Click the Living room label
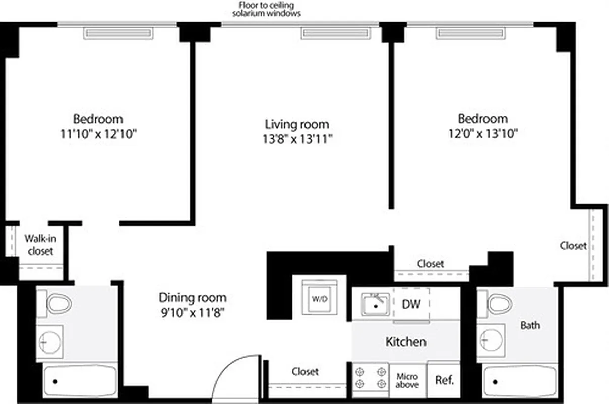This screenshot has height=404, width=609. coord(297,124)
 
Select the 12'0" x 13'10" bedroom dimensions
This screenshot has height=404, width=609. coord(482,134)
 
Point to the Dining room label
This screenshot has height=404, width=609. coord(193,297)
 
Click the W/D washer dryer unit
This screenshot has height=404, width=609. coord(320,299)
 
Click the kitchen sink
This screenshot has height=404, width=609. coord(375,305)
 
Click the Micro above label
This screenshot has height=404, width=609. coord(407,380)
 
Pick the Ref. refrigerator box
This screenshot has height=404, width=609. coord(444,380)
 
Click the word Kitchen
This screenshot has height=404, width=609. coord(405,342)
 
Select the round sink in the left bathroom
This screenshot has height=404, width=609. coord(49,342)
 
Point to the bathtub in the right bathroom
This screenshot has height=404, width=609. coord(520,381)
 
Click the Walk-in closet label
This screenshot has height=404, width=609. coord(40,244)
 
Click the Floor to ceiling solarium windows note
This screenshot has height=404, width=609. coord(267,10)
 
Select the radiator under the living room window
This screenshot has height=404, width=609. coord(335,33)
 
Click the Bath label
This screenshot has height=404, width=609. coord(530,325)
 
